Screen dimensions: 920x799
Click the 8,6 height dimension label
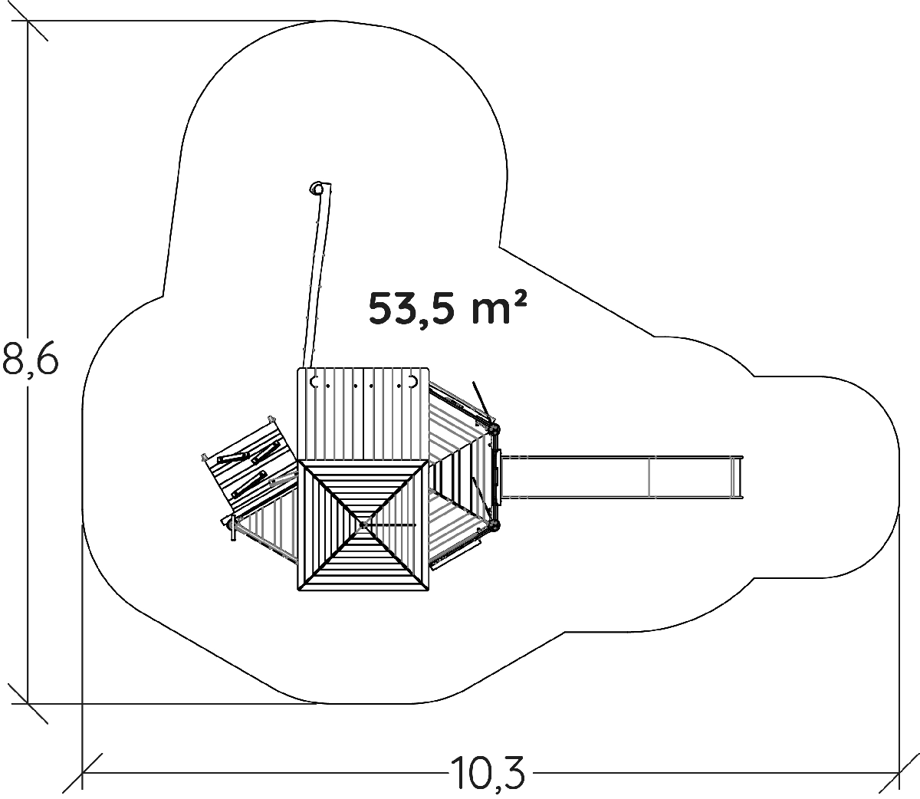(x=30, y=358)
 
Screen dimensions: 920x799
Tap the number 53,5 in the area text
(x=413, y=309)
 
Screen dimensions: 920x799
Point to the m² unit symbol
(x=498, y=308)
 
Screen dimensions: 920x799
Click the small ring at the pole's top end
(x=317, y=188)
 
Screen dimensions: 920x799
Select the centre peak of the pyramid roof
(x=363, y=524)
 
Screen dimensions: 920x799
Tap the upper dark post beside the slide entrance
(x=495, y=429)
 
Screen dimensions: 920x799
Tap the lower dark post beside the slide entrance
(x=495, y=524)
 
